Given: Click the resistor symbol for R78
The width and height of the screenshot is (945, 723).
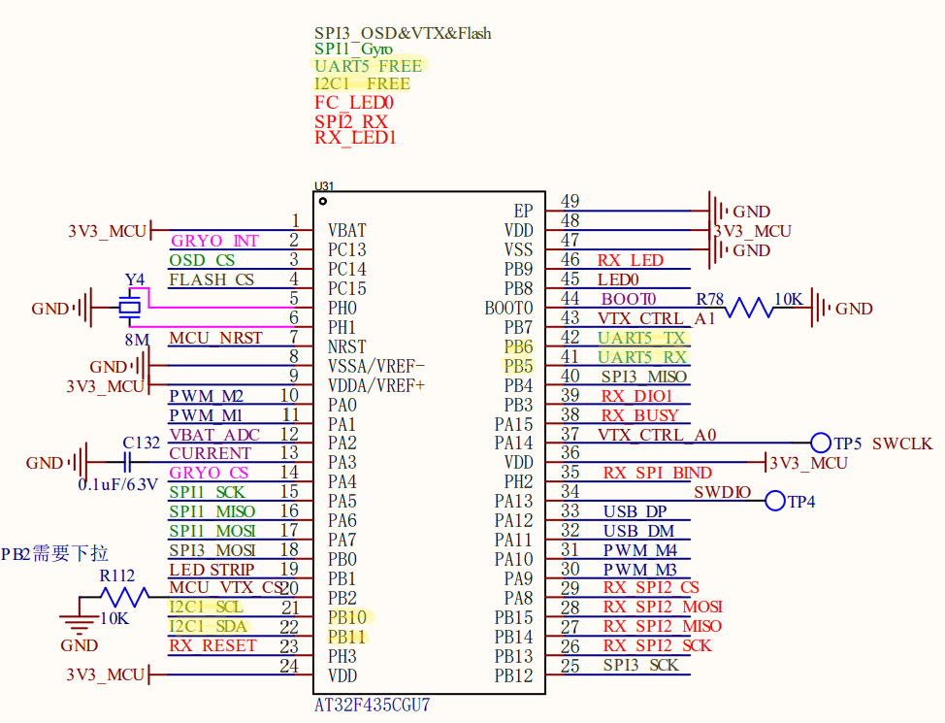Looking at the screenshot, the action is click(x=748, y=309).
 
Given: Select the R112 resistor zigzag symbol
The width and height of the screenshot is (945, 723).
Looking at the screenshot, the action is click(x=125, y=597).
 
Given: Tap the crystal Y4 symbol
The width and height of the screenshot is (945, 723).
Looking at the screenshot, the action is click(x=130, y=308).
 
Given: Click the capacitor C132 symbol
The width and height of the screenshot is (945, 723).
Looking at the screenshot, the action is click(x=126, y=463).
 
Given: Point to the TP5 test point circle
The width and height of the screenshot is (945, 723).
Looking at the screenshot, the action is click(x=820, y=443).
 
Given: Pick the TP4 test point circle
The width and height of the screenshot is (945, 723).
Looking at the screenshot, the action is click(x=775, y=501).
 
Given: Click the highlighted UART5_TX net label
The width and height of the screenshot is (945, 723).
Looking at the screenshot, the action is click(x=641, y=338).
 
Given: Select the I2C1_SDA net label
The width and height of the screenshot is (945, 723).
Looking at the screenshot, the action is click(x=208, y=627).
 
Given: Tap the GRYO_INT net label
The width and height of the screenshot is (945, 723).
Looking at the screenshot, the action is click(x=214, y=241).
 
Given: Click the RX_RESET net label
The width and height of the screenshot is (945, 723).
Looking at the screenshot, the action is click(x=212, y=645).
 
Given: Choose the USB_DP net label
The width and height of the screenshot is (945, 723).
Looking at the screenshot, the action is click(x=635, y=512).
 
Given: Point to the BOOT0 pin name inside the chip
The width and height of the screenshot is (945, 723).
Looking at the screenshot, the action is click(x=508, y=309).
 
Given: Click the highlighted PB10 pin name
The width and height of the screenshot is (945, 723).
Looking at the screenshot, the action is click(x=347, y=617).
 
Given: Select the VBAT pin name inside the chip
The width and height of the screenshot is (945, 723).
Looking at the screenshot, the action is click(x=347, y=230).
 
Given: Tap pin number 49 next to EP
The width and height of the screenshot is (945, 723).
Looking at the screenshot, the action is click(x=570, y=201).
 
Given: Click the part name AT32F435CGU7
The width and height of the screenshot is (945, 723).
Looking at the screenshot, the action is click(x=373, y=705).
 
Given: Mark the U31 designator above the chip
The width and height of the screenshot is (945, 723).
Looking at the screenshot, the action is click(x=324, y=185).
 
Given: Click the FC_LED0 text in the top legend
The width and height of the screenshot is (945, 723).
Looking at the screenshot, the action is click(x=354, y=103).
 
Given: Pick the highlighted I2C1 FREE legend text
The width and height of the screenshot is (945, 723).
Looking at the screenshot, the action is click(x=362, y=83).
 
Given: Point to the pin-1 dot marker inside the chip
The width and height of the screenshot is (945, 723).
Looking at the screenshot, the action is click(x=322, y=202).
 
